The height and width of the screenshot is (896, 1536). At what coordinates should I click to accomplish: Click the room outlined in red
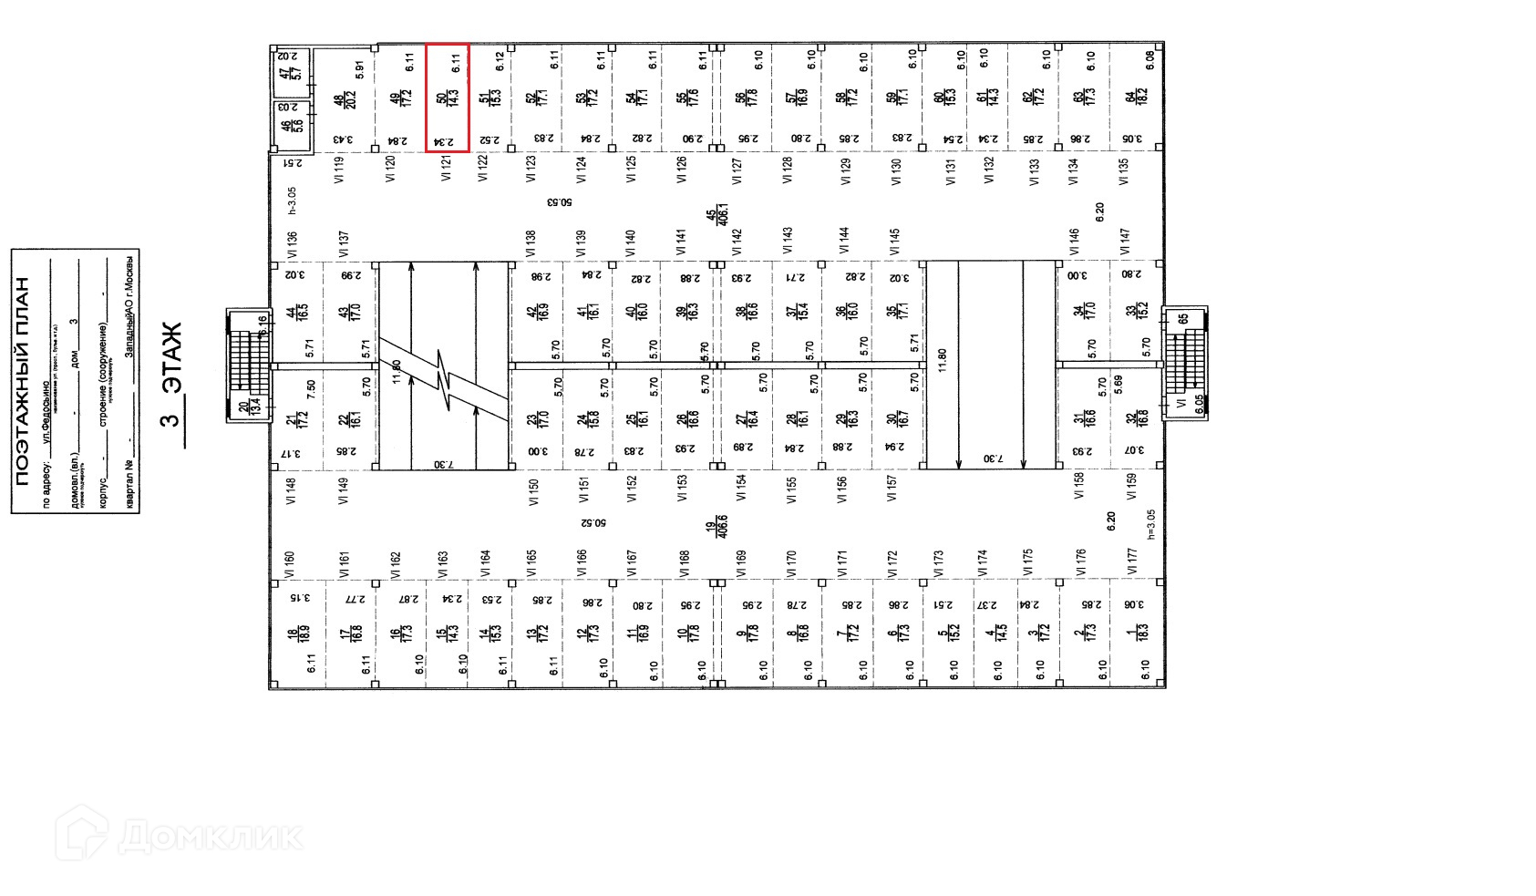coord(448,98)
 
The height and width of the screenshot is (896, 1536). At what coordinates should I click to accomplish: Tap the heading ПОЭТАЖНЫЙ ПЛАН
coord(23,381)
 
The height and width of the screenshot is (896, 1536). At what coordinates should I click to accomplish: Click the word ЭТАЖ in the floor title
coord(171,358)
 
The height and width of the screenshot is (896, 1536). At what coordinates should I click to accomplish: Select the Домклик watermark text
coord(210,836)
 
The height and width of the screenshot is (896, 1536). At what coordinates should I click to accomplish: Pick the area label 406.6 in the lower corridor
coord(716,527)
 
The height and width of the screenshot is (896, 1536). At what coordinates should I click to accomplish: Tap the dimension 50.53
coord(560,202)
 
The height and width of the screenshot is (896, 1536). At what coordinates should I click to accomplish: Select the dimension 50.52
coord(593,523)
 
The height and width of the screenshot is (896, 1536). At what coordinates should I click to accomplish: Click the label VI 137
coord(343,243)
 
